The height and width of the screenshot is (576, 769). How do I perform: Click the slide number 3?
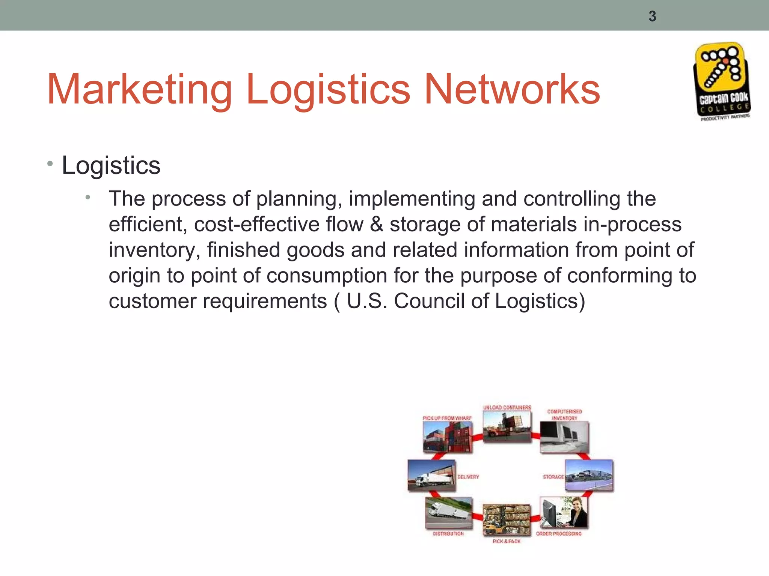pos(652,16)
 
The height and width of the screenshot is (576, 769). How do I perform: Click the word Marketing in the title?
pos(139,90)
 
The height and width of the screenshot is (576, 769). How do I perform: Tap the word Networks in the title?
pos(512,90)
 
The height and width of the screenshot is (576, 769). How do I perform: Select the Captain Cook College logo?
pos(721,81)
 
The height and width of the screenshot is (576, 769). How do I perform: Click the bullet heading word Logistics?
pos(111,165)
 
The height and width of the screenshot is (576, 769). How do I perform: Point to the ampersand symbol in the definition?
pos(377,224)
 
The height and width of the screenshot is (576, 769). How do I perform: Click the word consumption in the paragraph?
pos(327,276)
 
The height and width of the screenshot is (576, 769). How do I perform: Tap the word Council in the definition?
pos(429,301)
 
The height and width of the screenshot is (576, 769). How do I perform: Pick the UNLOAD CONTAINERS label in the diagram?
pos(507,408)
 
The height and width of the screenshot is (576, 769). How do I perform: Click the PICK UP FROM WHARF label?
pos(447,418)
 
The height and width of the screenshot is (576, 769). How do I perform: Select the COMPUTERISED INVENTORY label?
pos(564,414)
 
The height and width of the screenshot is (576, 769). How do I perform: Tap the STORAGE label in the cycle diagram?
pos(553,477)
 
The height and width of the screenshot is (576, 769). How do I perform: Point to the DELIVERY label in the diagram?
pos(468,477)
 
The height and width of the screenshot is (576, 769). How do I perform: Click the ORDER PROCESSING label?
pos(559,534)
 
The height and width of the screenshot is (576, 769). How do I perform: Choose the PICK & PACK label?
pos(507,541)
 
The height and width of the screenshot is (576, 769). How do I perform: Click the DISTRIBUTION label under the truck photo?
pos(448,534)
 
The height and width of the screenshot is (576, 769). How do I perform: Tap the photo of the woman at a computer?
pos(564,512)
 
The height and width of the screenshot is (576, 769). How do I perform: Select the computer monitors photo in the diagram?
pos(564,437)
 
